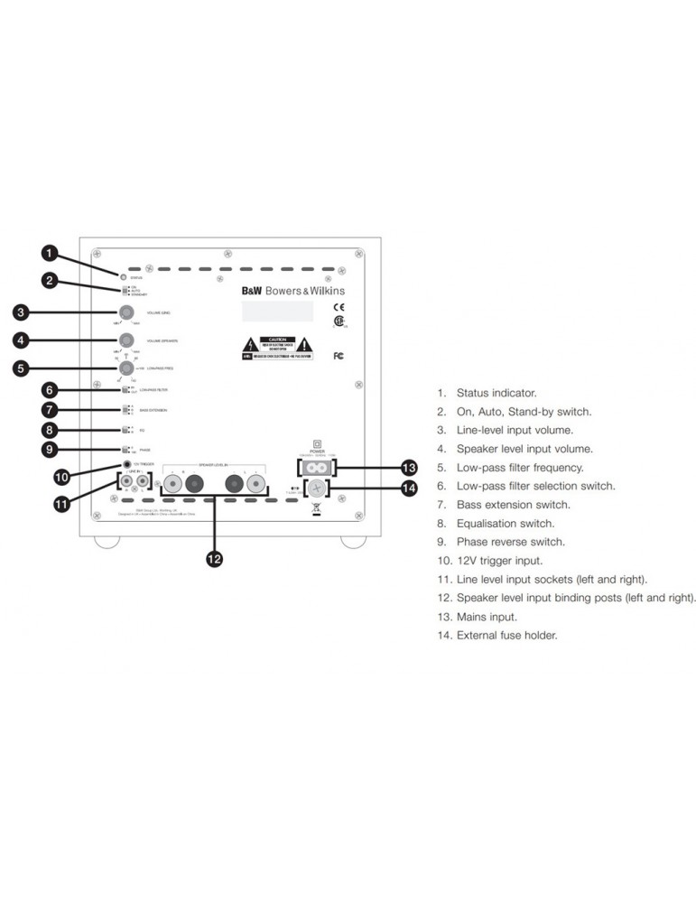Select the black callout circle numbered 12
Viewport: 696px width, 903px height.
click(214, 559)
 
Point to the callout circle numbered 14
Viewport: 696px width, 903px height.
click(410, 489)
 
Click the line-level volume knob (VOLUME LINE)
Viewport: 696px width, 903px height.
click(125, 312)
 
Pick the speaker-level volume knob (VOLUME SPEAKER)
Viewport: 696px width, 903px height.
click(125, 340)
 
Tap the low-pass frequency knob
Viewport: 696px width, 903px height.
click(125, 368)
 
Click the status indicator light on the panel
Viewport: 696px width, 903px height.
click(122, 274)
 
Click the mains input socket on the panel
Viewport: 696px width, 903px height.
click(317, 467)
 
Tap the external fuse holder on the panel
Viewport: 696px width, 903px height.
click(317, 489)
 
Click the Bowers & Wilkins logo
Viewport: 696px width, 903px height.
click(292, 291)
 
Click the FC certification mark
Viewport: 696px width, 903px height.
click(339, 356)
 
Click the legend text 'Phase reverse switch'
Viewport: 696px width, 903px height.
click(510, 542)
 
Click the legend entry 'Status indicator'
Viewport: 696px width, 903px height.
click(496, 393)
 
